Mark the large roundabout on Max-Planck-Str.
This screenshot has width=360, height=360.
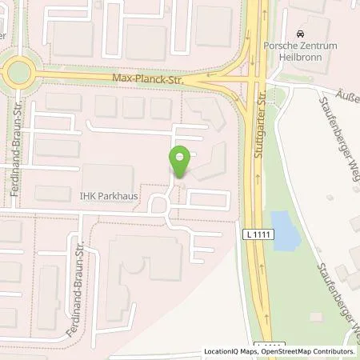point(15,74)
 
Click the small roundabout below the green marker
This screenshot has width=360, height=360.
point(159,206)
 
